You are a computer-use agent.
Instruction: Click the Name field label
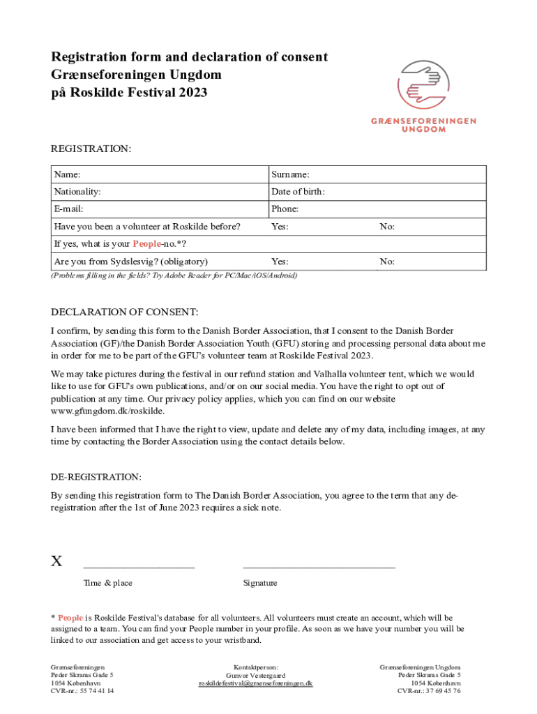coord(67,174)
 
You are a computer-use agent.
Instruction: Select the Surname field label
coord(291,174)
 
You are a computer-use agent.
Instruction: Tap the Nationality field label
coord(77,192)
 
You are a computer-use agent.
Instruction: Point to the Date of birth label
coord(298,192)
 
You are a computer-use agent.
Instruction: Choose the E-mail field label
coord(69,209)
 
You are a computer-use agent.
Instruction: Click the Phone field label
coord(285,209)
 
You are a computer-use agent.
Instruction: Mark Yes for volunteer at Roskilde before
coord(280,227)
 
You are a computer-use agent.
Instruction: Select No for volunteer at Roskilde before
coord(387,227)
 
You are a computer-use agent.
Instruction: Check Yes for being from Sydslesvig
coord(280,261)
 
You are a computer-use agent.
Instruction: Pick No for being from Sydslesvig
coord(387,261)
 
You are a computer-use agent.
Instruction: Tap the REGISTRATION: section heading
coord(91,149)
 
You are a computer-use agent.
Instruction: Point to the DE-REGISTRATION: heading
coord(96,477)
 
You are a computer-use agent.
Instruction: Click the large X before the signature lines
coord(56,561)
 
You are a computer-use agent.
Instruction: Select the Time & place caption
coord(107,583)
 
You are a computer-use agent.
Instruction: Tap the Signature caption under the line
coord(260,583)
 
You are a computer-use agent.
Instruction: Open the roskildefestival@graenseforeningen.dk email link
coord(256,683)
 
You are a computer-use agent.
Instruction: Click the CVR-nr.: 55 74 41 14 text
coord(82,691)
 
